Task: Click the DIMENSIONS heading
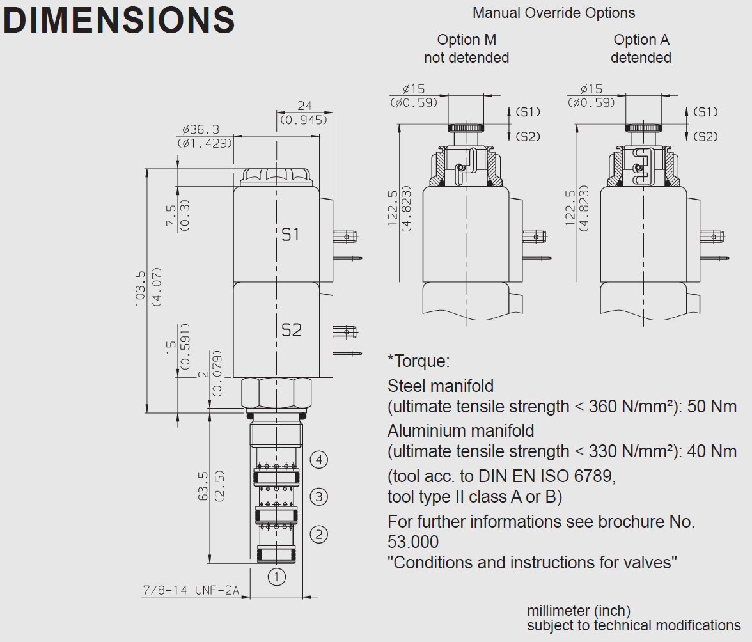pyautogui.click(x=119, y=20)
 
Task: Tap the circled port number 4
pyautogui.click(x=319, y=459)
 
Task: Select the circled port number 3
pyautogui.click(x=319, y=497)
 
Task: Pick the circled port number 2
pyautogui.click(x=319, y=534)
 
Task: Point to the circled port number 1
pyautogui.click(x=277, y=577)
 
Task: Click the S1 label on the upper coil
pyautogui.click(x=290, y=235)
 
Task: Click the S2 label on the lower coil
pyautogui.click(x=291, y=331)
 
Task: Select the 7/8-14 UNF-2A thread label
pyautogui.click(x=191, y=590)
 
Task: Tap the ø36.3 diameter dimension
pyautogui.click(x=201, y=129)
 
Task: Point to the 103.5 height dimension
pyautogui.click(x=140, y=288)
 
